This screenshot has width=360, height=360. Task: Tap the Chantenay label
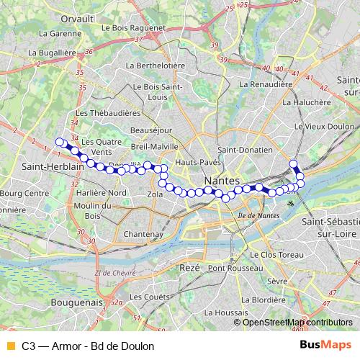click(x=143, y=235)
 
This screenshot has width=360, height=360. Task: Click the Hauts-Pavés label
click(x=203, y=162)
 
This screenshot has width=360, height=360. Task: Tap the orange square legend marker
click(x=9, y=346)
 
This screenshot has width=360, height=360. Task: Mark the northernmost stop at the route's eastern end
click(x=293, y=163)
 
